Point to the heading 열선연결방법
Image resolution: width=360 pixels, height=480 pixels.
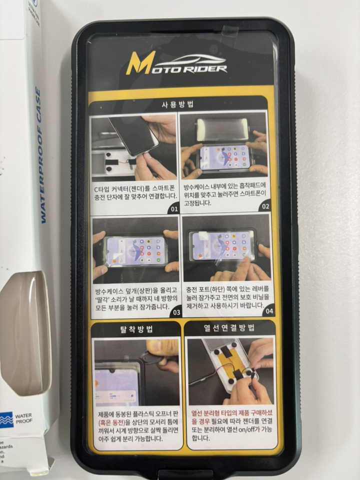(229, 328)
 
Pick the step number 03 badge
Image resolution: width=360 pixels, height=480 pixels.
(175, 312)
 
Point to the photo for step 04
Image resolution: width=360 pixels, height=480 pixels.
(226, 247)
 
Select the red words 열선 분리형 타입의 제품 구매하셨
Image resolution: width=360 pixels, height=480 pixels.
(232, 413)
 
